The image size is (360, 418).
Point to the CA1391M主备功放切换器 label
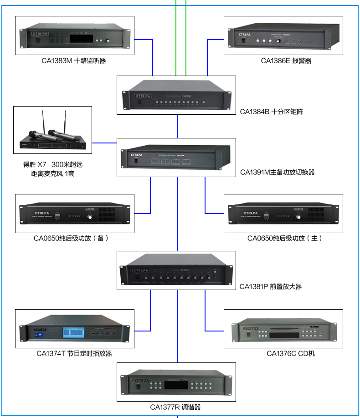pyautogui.click(x=277, y=173)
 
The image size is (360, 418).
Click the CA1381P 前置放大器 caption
pyautogui.click(x=271, y=287)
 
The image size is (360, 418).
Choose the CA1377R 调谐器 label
pyautogui.click(x=175, y=408)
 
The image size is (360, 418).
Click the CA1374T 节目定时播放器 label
pyautogui.click(x=74, y=353)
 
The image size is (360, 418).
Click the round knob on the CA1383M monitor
pyautogui.click(x=108, y=41)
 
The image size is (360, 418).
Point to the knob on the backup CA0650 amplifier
pyautogui.click(x=90, y=217)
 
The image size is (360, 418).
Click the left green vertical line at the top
pyautogui.click(x=176, y=36)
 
